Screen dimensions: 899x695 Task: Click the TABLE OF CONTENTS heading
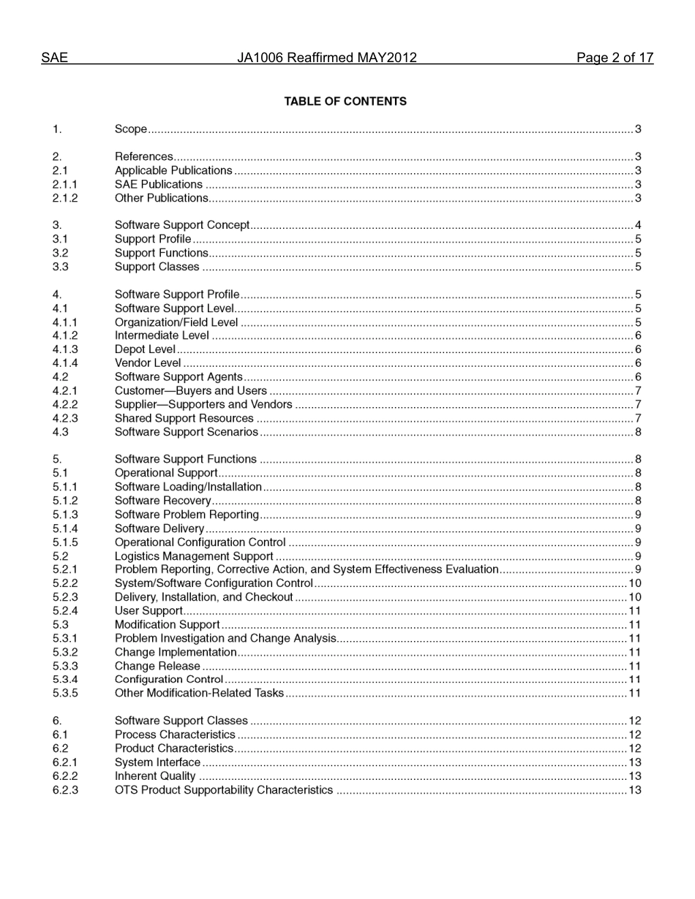(x=345, y=102)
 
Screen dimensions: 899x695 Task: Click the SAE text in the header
(x=54, y=58)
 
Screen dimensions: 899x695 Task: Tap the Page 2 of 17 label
(x=615, y=58)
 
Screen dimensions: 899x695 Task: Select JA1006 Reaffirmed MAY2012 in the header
(x=326, y=58)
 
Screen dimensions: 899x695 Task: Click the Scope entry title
(x=131, y=129)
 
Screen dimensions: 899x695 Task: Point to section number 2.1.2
(x=65, y=198)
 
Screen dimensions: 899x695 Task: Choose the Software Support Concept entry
(x=182, y=225)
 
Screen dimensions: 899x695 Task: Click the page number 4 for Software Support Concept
(x=638, y=225)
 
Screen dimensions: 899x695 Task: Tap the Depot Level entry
(x=145, y=349)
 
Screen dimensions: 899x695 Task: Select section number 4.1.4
(x=65, y=363)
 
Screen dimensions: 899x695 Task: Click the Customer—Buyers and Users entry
(x=191, y=391)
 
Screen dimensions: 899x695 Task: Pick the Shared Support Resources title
(x=184, y=419)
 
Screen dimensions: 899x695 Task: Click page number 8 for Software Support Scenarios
(x=638, y=432)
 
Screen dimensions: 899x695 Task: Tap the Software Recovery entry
(x=162, y=501)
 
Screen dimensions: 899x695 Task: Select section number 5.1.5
(x=65, y=542)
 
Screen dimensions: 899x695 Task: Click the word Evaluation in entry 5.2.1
(x=472, y=569)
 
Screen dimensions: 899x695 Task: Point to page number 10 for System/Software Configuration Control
(x=635, y=583)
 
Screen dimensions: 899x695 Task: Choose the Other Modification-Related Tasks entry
(x=199, y=693)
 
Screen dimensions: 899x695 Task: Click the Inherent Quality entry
(x=155, y=776)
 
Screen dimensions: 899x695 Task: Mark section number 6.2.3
(x=65, y=790)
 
